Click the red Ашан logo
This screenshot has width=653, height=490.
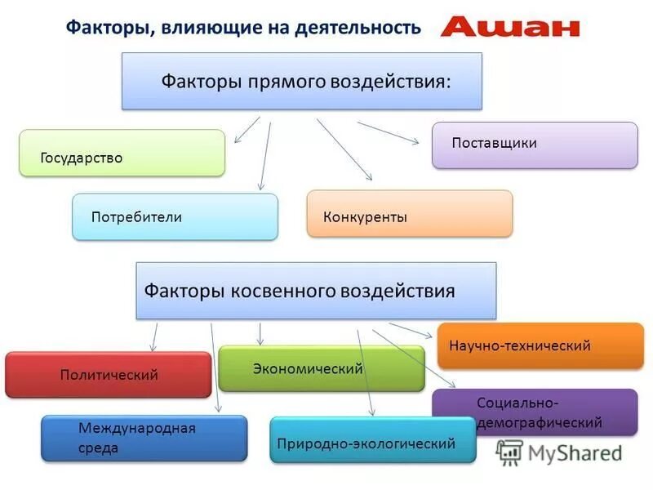point(510,27)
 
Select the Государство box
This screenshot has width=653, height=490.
point(122,153)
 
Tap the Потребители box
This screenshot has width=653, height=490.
point(175,216)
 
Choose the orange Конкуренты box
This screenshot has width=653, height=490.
point(410,214)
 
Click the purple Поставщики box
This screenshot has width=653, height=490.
point(535,145)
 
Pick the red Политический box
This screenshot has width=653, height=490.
point(109,375)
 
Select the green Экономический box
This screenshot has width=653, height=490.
point(322,368)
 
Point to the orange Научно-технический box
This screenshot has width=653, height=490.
point(540,345)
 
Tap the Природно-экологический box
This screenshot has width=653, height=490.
point(373,440)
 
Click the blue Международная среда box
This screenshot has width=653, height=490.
point(144,439)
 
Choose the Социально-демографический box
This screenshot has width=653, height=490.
point(535,412)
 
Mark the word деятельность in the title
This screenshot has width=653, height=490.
point(360,29)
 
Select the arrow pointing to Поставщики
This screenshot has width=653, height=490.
point(389,133)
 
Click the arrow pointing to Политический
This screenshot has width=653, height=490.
point(154,336)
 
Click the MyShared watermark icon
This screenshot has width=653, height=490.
point(510,452)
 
